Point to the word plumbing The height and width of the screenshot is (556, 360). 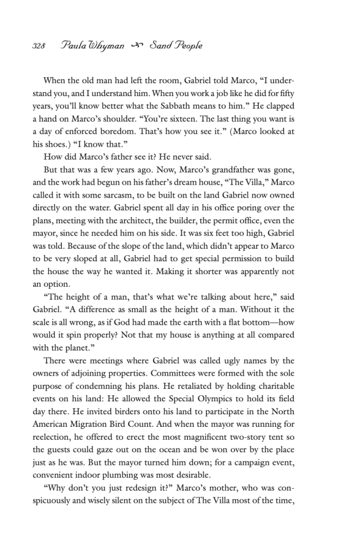point(140,473)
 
